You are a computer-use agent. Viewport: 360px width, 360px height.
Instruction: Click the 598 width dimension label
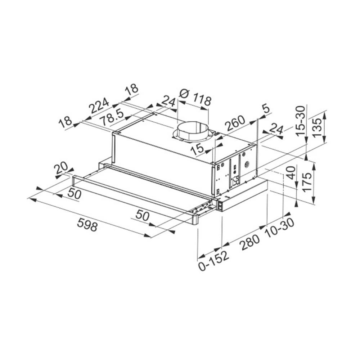coord(87,226)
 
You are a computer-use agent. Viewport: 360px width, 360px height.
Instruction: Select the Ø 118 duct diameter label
coord(194,97)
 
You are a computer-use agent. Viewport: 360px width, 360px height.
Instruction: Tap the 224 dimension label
coord(99,106)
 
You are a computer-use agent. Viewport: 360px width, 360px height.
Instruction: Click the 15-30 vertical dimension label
coord(301,121)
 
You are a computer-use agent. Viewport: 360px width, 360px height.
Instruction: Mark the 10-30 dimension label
coord(279,228)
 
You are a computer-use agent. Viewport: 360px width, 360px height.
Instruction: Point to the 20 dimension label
coord(62,168)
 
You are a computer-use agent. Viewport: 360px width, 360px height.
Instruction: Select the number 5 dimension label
coord(266,109)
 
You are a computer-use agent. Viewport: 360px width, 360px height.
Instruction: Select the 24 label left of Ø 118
coord(167,101)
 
